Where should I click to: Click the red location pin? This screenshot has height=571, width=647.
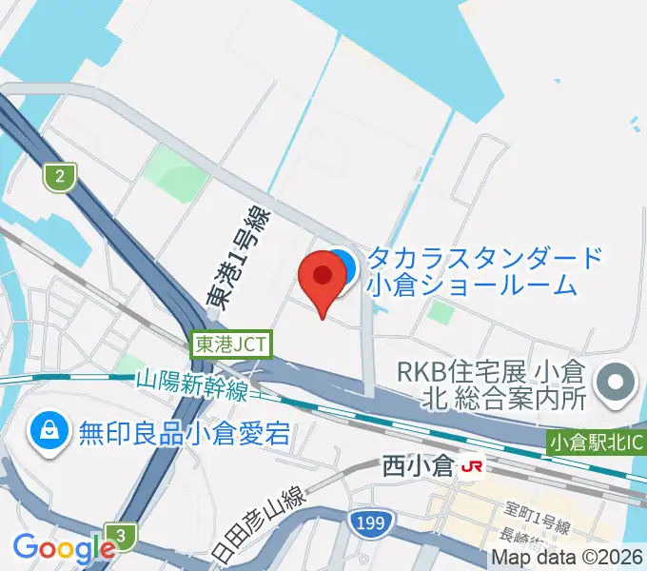coord(322,278)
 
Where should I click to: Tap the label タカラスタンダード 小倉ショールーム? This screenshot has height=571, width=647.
coord(485,271)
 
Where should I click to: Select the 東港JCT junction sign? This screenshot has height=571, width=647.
coord(232,344)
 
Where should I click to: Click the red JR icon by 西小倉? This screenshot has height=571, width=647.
coord(470,467)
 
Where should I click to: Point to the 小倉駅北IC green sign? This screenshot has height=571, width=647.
coord(597,443)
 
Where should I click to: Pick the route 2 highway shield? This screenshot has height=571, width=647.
coord(60,176)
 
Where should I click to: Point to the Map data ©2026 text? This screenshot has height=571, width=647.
coord(567,558)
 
